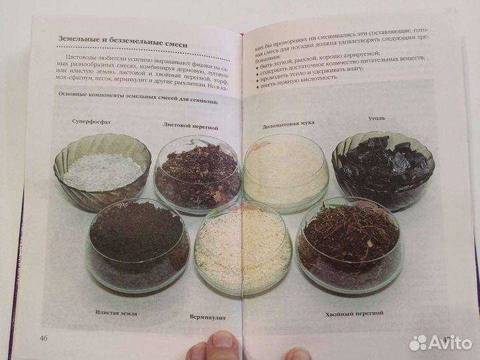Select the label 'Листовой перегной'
[x=190, y=125]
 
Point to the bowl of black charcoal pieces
[x=383, y=165]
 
